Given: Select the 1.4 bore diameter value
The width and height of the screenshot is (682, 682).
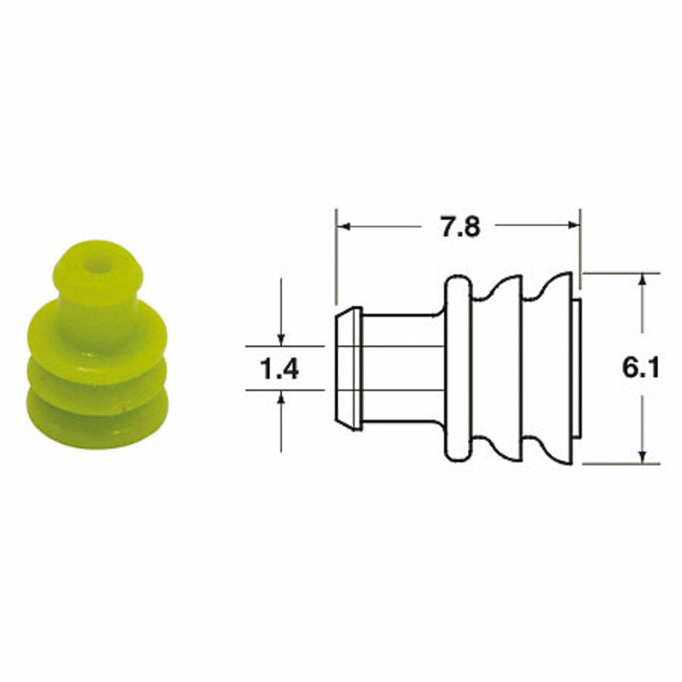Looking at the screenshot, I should (280, 369).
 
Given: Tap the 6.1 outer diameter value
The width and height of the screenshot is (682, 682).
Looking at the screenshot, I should (642, 368).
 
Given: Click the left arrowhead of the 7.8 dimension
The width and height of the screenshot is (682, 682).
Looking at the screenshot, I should (344, 227).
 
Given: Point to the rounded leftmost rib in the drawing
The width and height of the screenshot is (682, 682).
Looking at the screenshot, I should (458, 368).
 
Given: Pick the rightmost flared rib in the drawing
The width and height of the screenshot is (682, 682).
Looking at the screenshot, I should (554, 368).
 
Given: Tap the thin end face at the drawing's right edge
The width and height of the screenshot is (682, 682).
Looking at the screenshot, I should (576, 368).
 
